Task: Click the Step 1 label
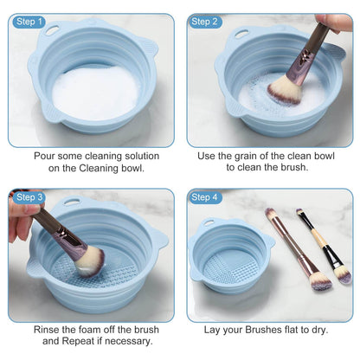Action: (29, 21)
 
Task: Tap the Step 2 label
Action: (206, 21)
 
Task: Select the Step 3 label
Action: (29, 197)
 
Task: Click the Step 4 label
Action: (206, 197)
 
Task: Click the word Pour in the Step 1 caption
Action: (46, 156)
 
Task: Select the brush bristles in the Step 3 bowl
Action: (87, 259)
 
